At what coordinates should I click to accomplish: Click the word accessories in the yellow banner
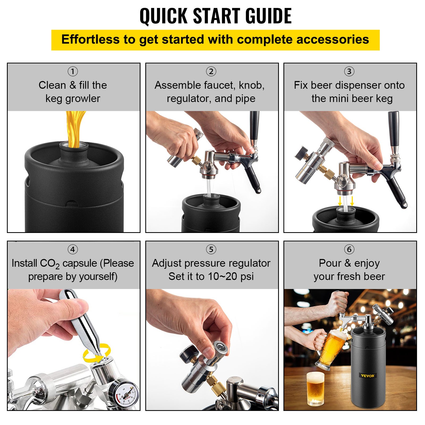click(x=333, y=40)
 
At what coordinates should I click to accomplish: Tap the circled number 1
click(x=73, y=71)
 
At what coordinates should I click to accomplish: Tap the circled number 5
click(x=211, y=249)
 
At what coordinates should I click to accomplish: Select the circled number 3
click(x=349, y=71)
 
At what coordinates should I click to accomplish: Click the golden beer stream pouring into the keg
click(x=74, y=127)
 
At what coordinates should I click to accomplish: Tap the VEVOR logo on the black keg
click(x=368, y=376)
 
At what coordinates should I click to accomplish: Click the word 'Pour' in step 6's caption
click(x=330, y=263)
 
